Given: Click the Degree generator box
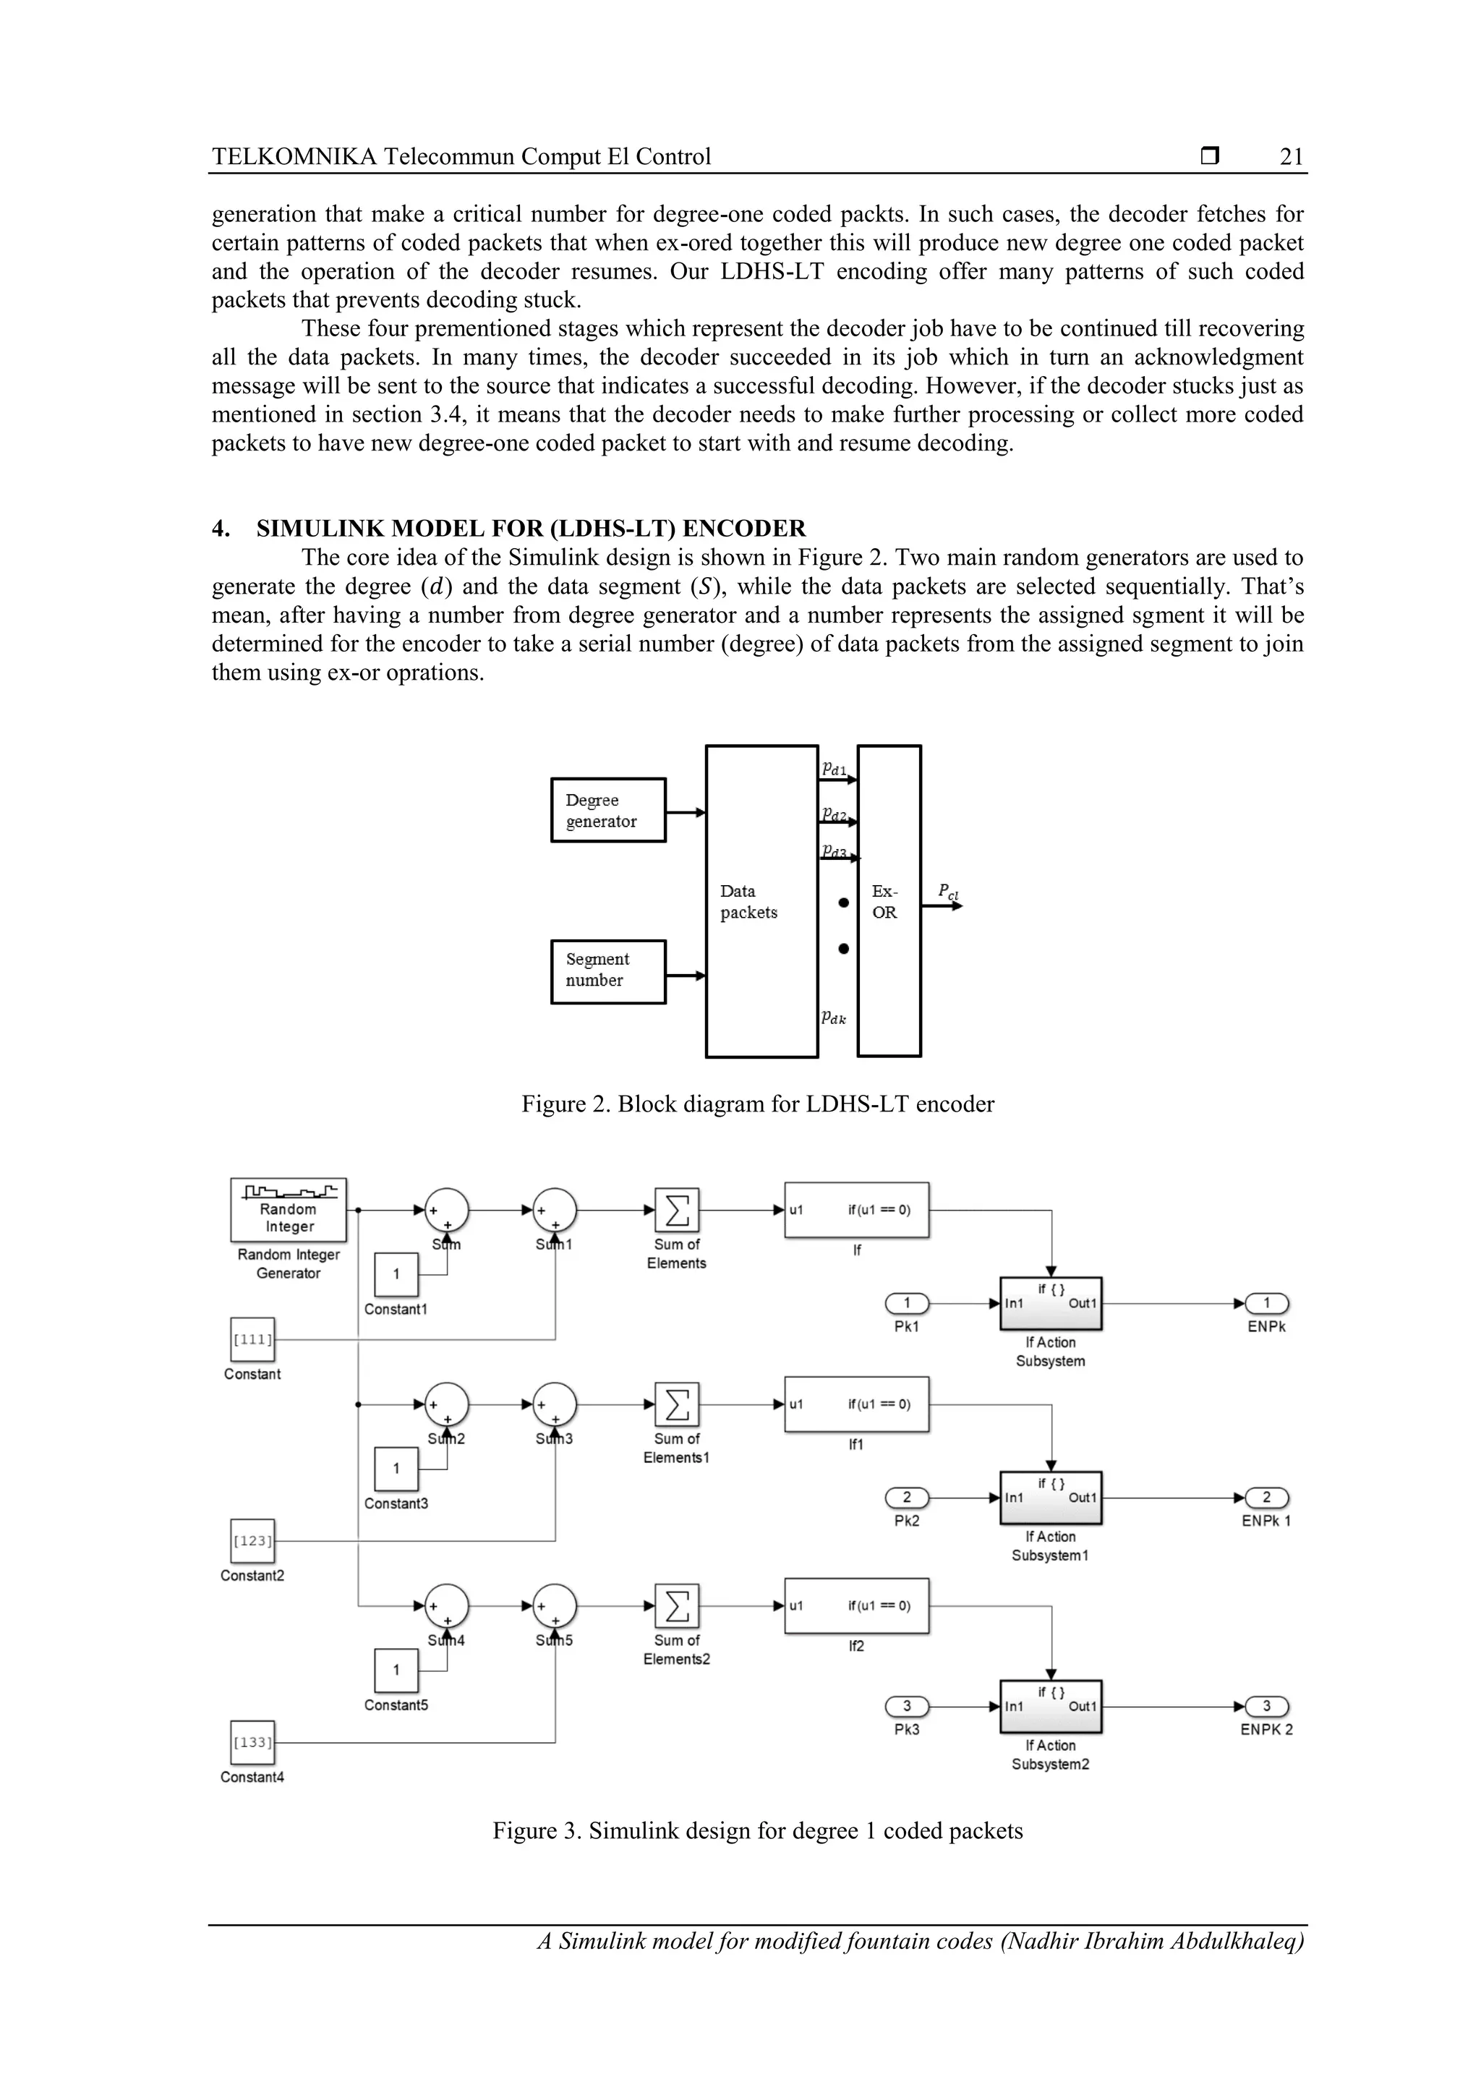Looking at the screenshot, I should click(607, 810).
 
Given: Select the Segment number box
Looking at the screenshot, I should click(607, 972).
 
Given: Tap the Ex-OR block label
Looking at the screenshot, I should click(884, 902).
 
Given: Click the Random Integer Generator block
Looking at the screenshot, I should click(289, 1210).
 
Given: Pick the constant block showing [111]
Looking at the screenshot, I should click(252, 1339).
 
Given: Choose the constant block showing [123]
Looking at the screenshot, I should click(252, 1541).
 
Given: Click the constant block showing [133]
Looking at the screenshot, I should click(252, 1743).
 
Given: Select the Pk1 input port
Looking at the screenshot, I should click(907, 1303).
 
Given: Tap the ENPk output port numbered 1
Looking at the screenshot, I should click(1266, 1303).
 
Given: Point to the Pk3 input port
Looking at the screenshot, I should click(907, 1706).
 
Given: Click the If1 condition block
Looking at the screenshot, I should click(856, 1405).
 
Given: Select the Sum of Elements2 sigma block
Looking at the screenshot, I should click(677, 1607).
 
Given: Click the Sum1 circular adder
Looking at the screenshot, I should click(555, 1211).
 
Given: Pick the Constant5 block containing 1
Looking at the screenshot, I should click(396, 1670).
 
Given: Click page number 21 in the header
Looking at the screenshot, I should click(1292, 157).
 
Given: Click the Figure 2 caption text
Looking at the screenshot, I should click(757, 1104).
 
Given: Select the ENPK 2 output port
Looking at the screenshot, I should click(1266, 1706).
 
